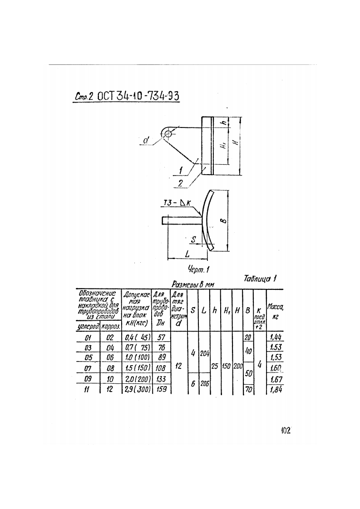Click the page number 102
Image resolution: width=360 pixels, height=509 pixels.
point(285,430)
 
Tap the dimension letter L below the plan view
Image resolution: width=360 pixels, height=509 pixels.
point(187,253)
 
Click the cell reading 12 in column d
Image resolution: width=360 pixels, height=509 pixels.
point(178,367)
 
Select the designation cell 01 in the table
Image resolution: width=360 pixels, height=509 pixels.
point(89,337)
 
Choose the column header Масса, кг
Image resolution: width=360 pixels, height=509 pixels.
point(275,310)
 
